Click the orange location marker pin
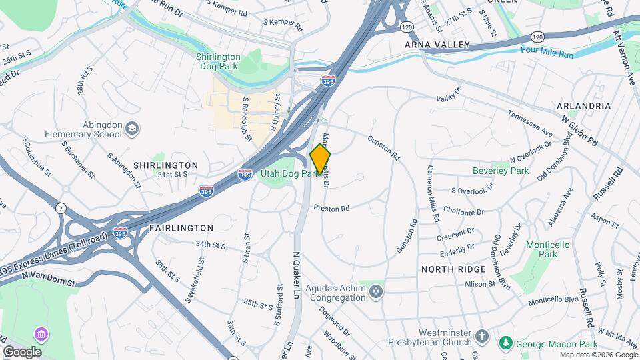[x=321, y=159]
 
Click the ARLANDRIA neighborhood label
[x=584, y=106]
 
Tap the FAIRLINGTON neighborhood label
[x=171, y=227]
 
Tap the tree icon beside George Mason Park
[x=507, y=343]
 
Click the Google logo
[x=22, y=351]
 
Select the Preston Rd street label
[x=336, y=208]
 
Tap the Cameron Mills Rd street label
[x=433, y=193]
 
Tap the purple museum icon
[x=41, y=333]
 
